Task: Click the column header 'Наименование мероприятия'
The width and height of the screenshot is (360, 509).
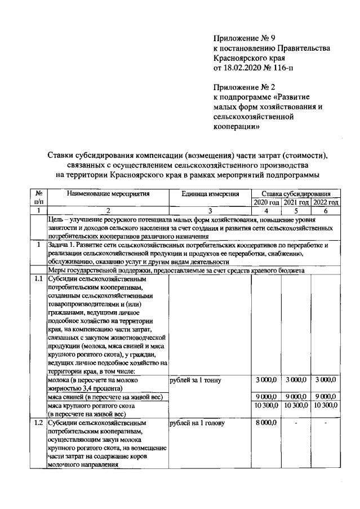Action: click(108, 194)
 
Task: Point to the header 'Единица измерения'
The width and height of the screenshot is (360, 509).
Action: click(210, 194)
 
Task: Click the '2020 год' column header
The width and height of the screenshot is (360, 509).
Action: click(266, 202)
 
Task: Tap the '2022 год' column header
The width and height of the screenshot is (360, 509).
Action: click(326, 202)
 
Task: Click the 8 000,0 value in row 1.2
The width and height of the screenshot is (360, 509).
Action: click(265, 422)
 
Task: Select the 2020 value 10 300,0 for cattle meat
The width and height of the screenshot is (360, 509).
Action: click(265, 405)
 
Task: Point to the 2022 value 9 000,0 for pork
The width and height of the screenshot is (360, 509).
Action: click(326, 397)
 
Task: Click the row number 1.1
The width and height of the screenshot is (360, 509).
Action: click(38, 278)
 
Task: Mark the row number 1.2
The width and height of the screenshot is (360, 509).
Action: click(38, 422)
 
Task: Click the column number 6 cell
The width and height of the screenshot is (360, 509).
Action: click(326, 210)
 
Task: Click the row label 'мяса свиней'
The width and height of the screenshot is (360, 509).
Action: click(64, 397)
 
